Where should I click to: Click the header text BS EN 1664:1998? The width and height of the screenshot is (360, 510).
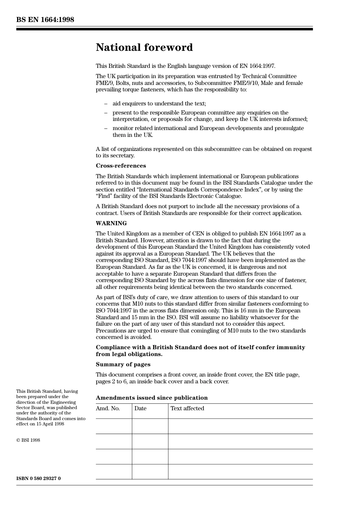[x=45, y=20]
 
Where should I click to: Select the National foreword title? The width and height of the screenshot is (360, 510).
[x=144, y=47]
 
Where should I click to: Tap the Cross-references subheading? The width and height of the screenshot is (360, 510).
[x=121, y=166]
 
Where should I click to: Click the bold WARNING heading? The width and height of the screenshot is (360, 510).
[x=111, y=223]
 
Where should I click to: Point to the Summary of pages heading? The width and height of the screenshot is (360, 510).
[x=123, y=364]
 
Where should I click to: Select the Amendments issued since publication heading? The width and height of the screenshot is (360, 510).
[x=152, y=398]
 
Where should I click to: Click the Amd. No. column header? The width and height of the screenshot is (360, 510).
[x=108, y=408]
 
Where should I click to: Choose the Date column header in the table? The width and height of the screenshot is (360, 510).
[x=140, y=408]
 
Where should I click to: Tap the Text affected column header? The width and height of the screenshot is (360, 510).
[x=187, y=408]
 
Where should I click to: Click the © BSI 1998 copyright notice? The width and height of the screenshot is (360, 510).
[x=28, y=440]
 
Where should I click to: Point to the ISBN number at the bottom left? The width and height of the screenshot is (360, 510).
[x=38, y=478]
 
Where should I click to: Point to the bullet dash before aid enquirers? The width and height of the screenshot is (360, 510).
[x=106, y=104]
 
